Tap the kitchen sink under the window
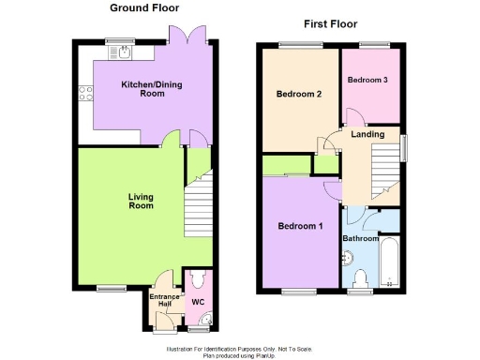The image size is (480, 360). pyautogui.click(x=124, y=52)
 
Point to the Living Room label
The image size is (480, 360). pyautogui.click(x=141, y=202)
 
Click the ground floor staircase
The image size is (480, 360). pyautogui.click(x=198, y=208)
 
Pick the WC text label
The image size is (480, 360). pyautogui.click(x=197, y=302)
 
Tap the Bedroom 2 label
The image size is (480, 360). pyautogui.click(x=299, y=94)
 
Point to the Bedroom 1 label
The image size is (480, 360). pyautogui.click(x=300, y=226)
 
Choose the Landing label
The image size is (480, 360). pyautogui.click(x=367, y=134)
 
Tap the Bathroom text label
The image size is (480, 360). pyautogui.click(x=360, y=239)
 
